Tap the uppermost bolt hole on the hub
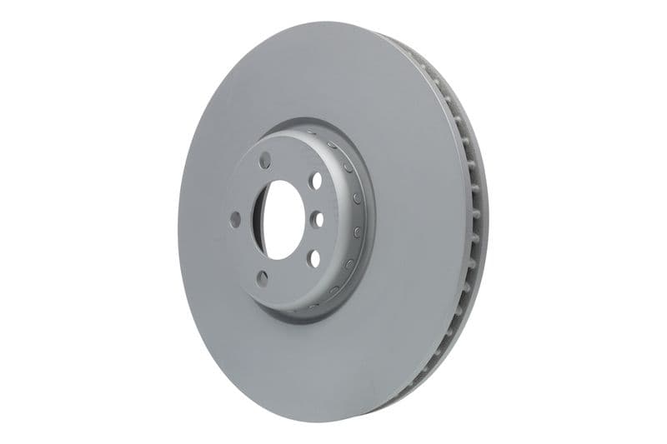coord(266,160)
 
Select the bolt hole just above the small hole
coord(315,180)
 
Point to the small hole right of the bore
coord(318,220)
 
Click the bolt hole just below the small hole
coord(314,257)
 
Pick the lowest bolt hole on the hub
coord(263,277)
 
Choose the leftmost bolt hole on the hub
coord(235,219)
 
